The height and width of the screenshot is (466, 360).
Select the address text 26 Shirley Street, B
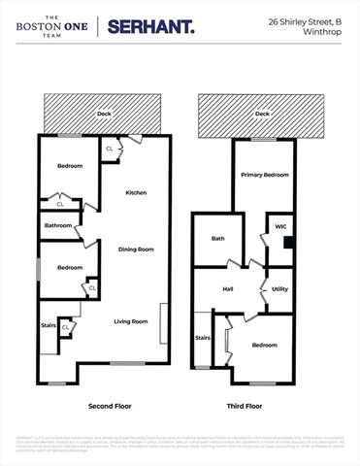(305, 20)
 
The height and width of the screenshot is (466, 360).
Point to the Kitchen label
(136, 193)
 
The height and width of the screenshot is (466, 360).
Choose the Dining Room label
(136, 250)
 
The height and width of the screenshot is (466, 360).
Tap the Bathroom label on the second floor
(59, 226)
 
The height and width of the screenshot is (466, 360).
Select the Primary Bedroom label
(264, 175)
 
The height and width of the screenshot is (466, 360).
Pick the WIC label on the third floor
(281, 226)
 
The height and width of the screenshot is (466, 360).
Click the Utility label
(280, 288)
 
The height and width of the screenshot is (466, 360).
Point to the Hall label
(228, 288)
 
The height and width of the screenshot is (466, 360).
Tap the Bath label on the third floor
(218, 238)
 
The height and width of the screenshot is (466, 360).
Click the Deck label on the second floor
(103, 114)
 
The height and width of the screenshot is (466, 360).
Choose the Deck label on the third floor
(262, 114)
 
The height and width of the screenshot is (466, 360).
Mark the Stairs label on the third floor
(203, 338)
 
